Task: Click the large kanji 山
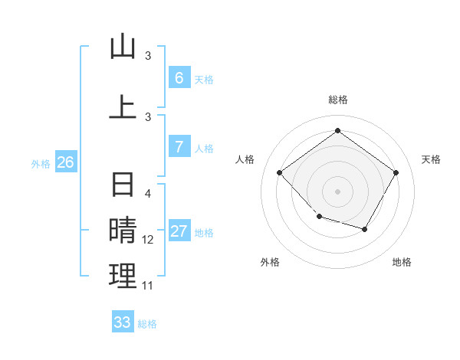click(123, 47)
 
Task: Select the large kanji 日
click(123, 185)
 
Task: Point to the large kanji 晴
click(123, 231)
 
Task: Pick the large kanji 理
click(123, 277)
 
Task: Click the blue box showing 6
click(179, 78)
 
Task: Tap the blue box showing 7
click(179, 147)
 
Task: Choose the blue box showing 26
click(65, 162)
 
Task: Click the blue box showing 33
click(123, 322)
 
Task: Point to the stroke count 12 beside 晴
click(148, 240)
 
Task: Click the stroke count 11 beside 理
click(148, 286)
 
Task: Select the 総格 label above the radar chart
click(337, 100)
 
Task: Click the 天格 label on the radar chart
click(431, 159)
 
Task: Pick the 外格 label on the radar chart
click(270, 262)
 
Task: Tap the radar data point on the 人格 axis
click(280, 172)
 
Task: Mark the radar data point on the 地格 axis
click(365, 229)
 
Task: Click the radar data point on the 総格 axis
click(337, 131)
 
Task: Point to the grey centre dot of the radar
click(337, 191)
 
